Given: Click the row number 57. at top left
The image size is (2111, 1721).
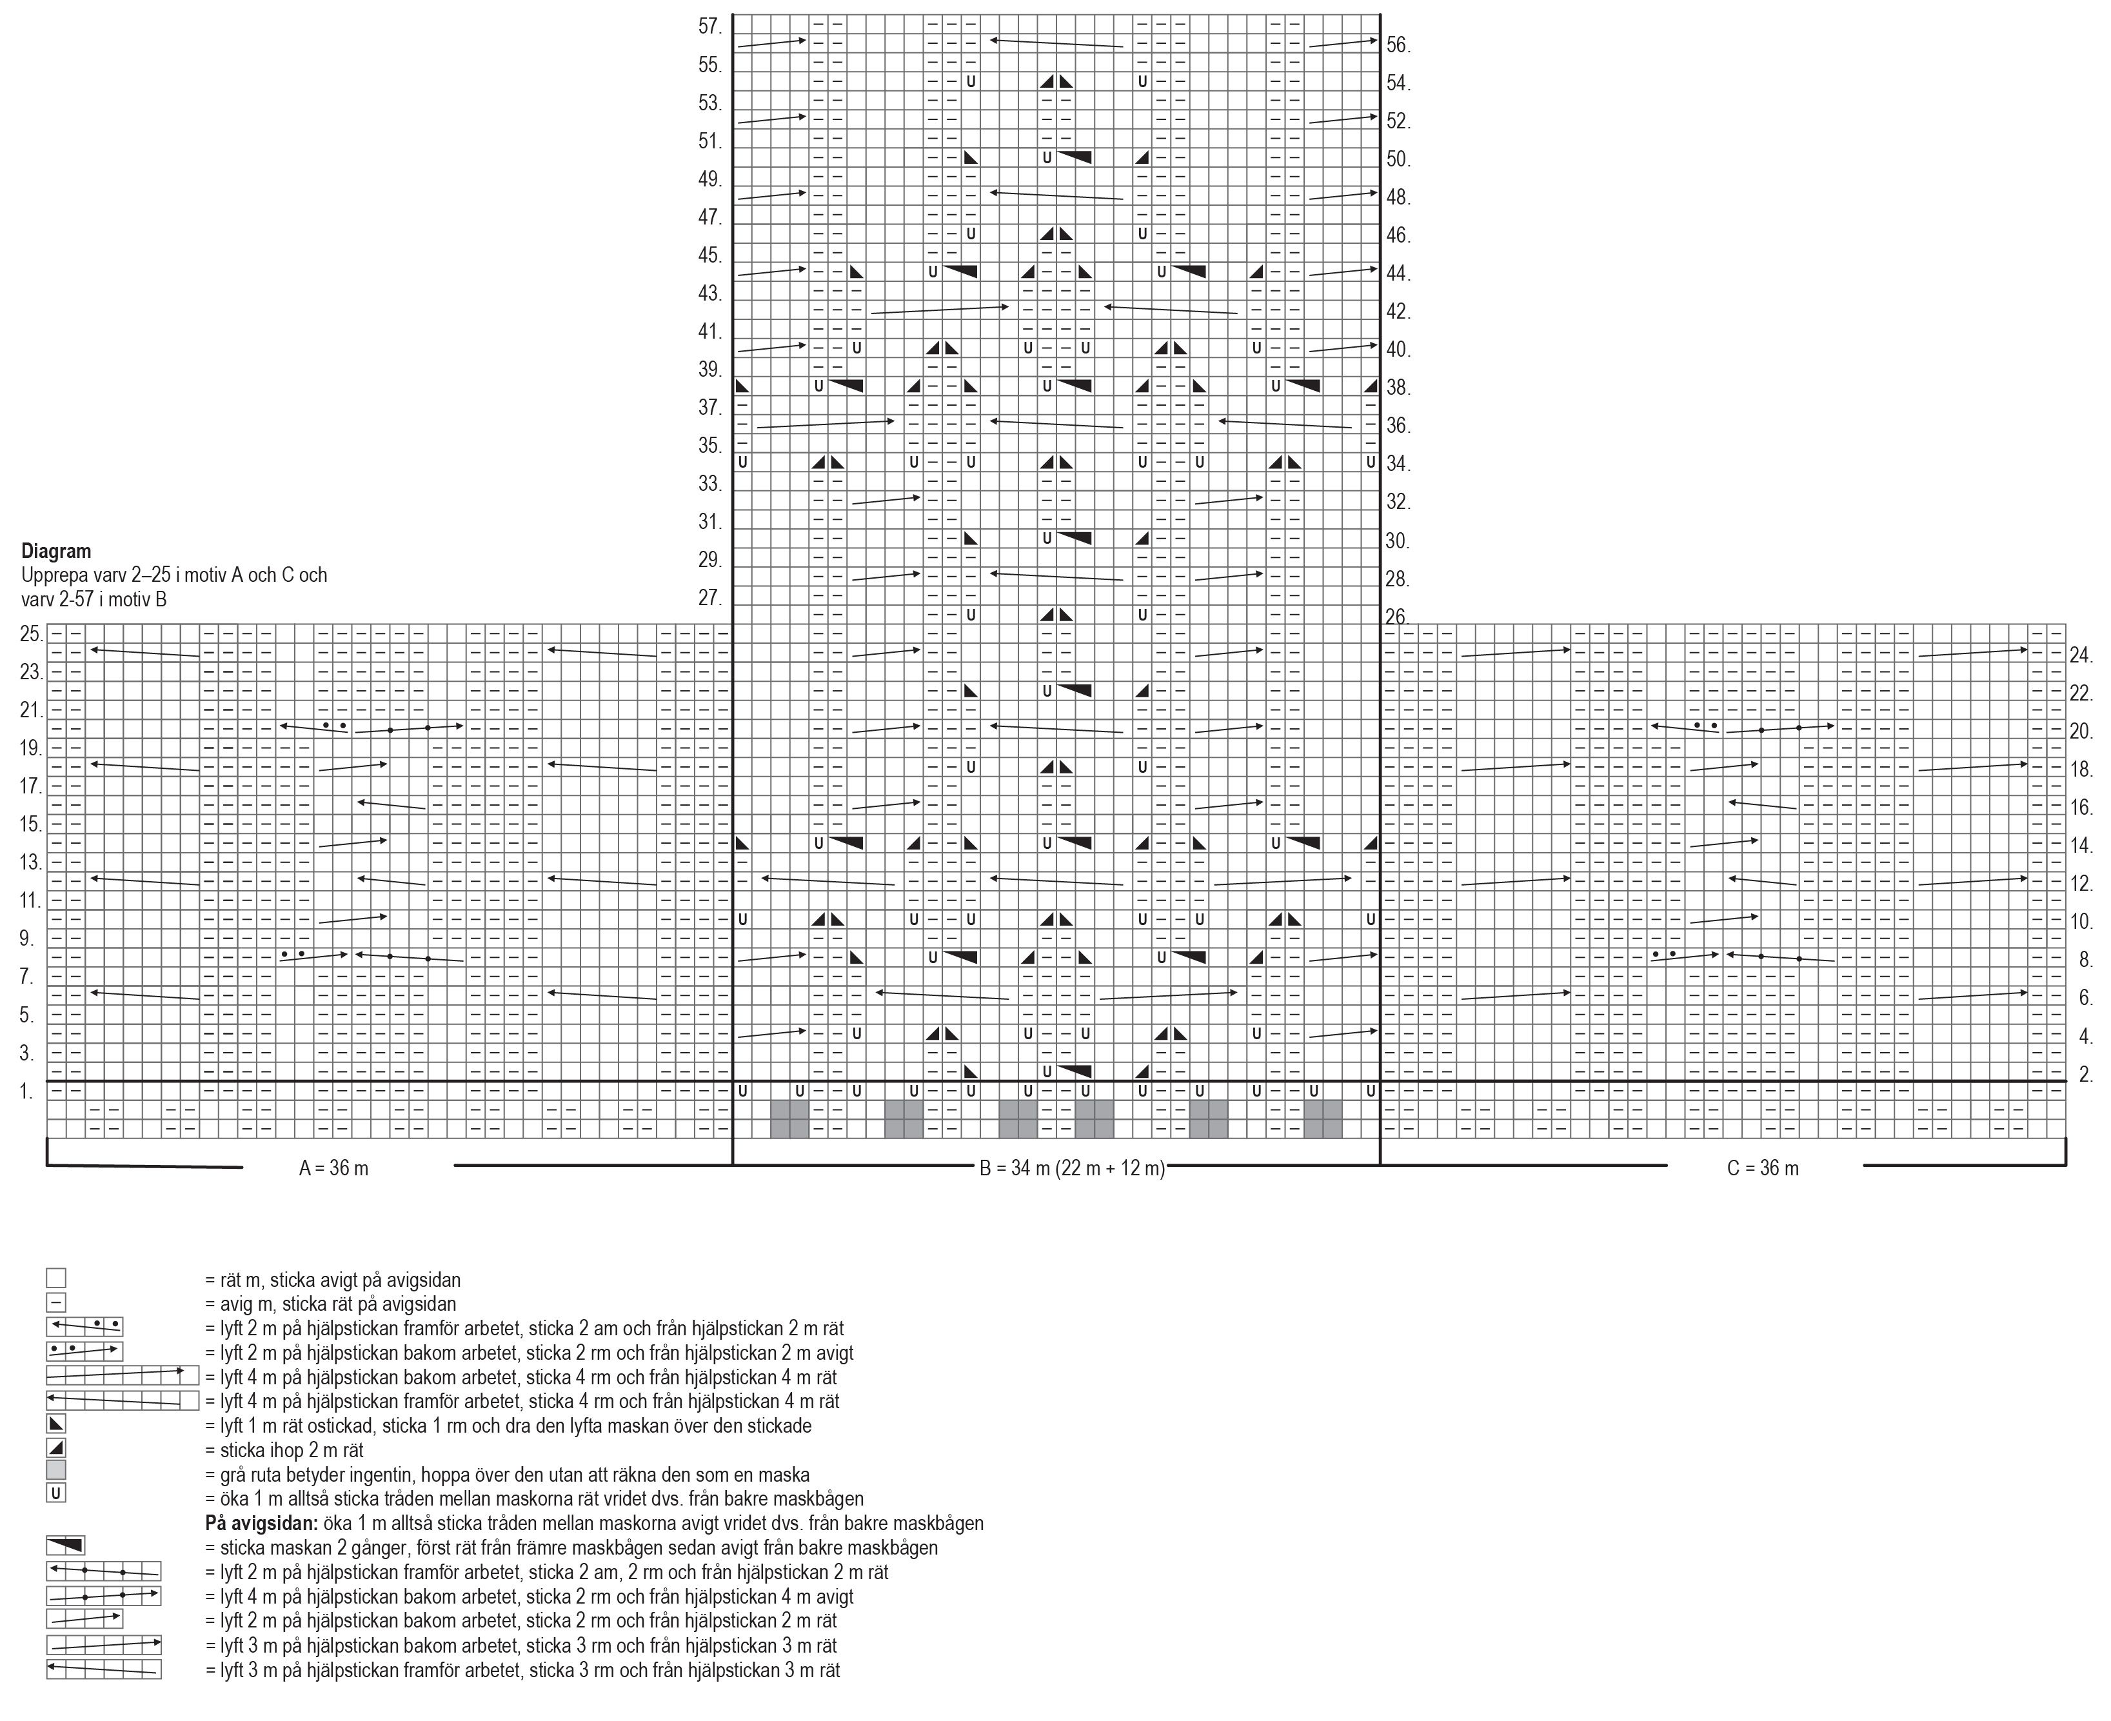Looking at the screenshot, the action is [709, 26].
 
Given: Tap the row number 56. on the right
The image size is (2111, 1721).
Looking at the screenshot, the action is [1398, 46].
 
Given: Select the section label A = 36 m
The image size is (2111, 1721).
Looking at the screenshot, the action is [333, 1169].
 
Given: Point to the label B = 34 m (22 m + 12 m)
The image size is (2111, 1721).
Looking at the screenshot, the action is [1071, 1169].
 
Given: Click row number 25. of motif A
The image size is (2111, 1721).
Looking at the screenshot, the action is [31, 635].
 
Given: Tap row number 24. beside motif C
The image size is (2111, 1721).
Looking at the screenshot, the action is [2080, 655].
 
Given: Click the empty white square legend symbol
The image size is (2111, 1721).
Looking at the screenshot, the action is [55, 1279].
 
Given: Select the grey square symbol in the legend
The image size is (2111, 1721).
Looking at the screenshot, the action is [55, 1470].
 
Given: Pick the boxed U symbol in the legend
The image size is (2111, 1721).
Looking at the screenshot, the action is [55, 1494].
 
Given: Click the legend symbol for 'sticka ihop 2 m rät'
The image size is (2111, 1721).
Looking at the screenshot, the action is [55, 1448].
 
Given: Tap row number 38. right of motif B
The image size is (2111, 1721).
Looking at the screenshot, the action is [1398, 388].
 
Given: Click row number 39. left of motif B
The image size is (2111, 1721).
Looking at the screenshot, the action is [709, 370].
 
